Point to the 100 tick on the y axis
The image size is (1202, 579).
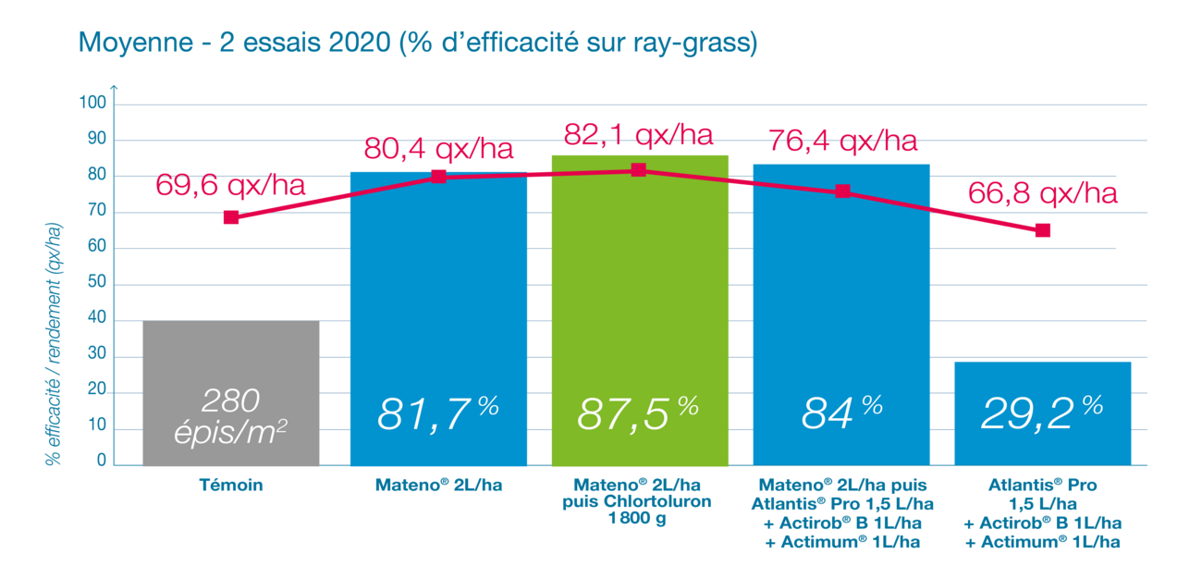tap(95, 104)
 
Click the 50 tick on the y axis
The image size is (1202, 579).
tap(98, 285)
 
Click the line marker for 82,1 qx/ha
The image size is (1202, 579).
tap(638, 170)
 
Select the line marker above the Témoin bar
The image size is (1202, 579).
tap(231, 217)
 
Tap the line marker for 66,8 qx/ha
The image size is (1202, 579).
tap(1042, 230)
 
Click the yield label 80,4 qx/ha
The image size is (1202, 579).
tap(437, 148)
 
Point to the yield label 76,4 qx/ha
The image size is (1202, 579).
tap(842, 142)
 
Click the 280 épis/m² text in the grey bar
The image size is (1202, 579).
tap(231, 415)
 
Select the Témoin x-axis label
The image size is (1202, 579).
tap(231, 484)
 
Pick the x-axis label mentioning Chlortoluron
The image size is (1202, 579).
tap(638, 503)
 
